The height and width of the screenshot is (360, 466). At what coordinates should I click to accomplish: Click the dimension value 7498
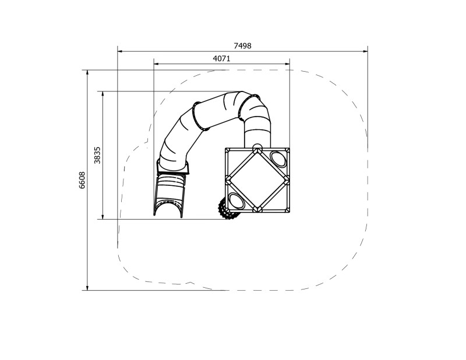pos(242,45)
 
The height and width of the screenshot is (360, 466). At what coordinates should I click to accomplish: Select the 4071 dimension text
pos(222,58)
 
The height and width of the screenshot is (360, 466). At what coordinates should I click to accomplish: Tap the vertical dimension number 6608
pos(82,180)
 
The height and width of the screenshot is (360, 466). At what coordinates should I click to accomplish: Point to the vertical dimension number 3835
pos(98,155)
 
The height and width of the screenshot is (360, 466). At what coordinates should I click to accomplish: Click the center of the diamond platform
pos(257,179)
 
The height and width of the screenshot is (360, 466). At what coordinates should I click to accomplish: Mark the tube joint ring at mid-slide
pos(198,115)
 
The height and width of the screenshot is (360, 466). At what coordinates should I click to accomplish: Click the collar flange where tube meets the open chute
pos(172,170)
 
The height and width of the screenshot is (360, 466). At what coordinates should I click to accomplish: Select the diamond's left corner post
pos(227,179)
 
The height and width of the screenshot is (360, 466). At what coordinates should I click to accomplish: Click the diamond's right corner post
pos(287,179)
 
